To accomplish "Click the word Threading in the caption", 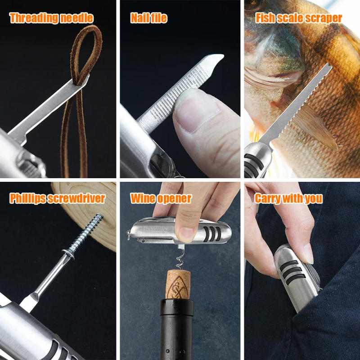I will (x=34, y=18).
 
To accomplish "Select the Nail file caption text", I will (x=148, y=18).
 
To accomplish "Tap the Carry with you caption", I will (x=288, y=198).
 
